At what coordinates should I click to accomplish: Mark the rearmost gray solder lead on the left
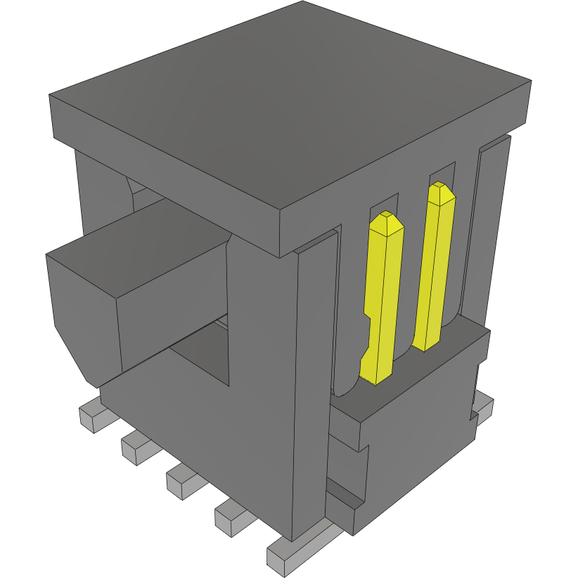[x=89, y=415]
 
